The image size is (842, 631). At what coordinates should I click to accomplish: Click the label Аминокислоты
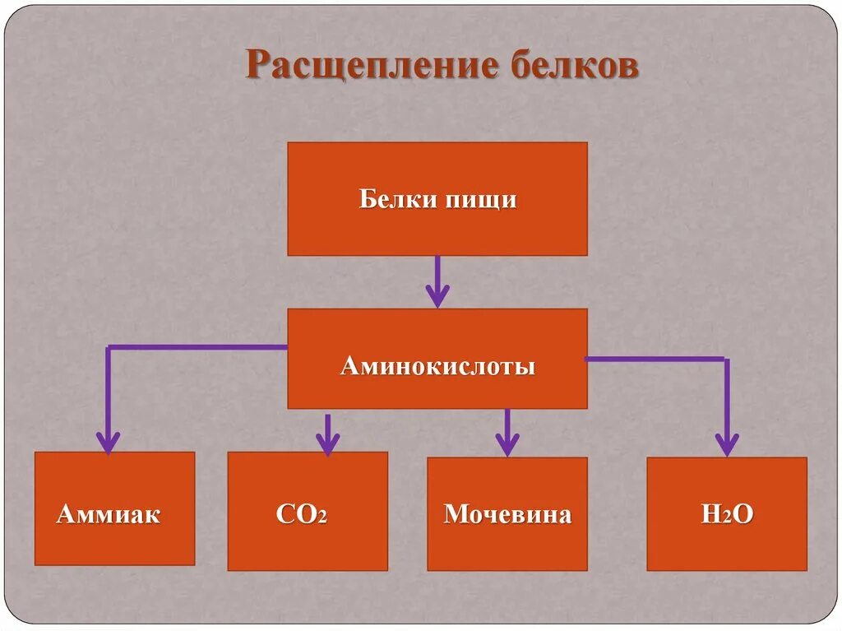[x=437, y=366]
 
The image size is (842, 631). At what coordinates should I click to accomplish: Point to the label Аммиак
[x=108, y=515]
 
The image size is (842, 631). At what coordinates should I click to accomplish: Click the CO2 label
[x=302, y=515]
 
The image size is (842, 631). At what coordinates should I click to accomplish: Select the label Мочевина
[x=507, y=515]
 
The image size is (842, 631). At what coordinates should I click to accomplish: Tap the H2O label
[x=727, y=515]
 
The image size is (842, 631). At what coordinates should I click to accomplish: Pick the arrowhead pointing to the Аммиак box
[x=108, y=442]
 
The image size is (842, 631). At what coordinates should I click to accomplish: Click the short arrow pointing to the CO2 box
[x=327, y=434]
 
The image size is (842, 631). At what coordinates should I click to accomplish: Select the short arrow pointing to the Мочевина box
[x=507, y=434]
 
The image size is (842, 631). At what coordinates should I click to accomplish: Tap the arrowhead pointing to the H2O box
[x=726, y=444]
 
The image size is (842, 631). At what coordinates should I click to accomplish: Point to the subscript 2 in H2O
[x=727, y=519]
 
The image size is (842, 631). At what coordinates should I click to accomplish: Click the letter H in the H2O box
[x=710, y=515]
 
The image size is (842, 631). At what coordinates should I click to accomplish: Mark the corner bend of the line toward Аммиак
[x=109, y=347]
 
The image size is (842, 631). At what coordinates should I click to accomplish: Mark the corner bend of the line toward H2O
[x=726, y=360]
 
